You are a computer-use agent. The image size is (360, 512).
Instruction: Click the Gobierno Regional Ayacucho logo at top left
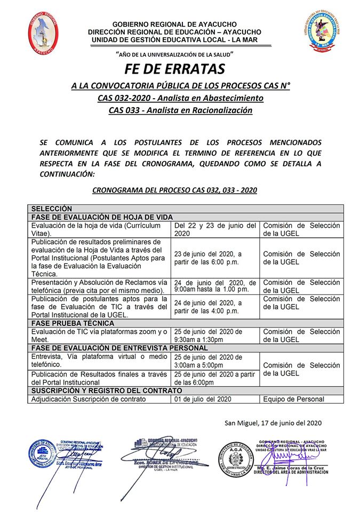point(43,33)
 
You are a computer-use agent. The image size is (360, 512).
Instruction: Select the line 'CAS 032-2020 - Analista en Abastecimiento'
point(180,98)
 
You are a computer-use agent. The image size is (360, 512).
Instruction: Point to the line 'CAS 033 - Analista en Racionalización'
point(180,110)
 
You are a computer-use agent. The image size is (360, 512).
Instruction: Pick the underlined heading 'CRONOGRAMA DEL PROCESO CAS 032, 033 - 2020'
point(174,189)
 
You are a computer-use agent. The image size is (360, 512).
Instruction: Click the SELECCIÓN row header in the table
point(51,209)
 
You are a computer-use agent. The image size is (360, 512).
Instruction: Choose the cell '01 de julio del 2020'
point(203,399)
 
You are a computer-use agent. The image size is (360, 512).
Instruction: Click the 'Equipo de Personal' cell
point(293,399)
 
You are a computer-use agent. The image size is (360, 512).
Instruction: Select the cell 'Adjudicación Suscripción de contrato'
point(88,399)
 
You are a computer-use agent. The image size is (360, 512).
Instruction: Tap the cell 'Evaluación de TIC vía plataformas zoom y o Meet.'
point(100,335)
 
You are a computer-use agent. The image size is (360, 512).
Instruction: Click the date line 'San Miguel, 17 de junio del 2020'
point(273,423)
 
